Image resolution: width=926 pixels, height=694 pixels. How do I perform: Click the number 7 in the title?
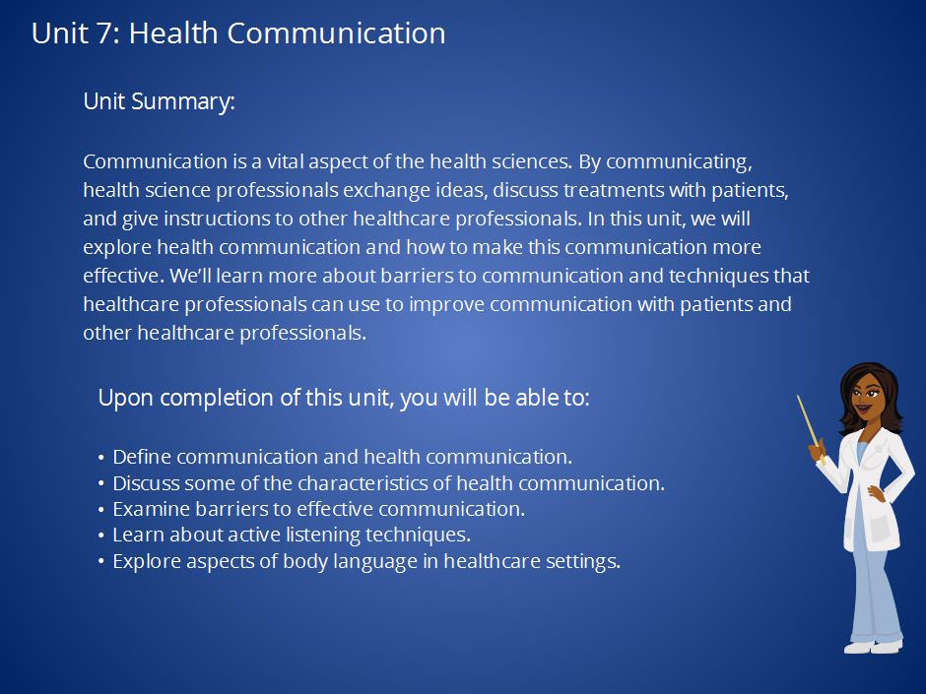point(103,33)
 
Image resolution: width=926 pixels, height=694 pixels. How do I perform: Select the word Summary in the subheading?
point(182,102)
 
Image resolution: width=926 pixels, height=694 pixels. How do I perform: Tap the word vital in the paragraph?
point(285,161)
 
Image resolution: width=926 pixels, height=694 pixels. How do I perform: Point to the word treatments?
point(613,190)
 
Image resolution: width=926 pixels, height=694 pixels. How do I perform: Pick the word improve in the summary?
point(446,304)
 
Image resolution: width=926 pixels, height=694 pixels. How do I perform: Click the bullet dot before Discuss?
point(101,483)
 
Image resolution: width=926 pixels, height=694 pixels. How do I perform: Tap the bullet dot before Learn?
point(101,536)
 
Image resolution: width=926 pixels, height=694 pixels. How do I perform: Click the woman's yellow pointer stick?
point(809,426)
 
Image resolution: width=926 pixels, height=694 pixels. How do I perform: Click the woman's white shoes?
point(873,647)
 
